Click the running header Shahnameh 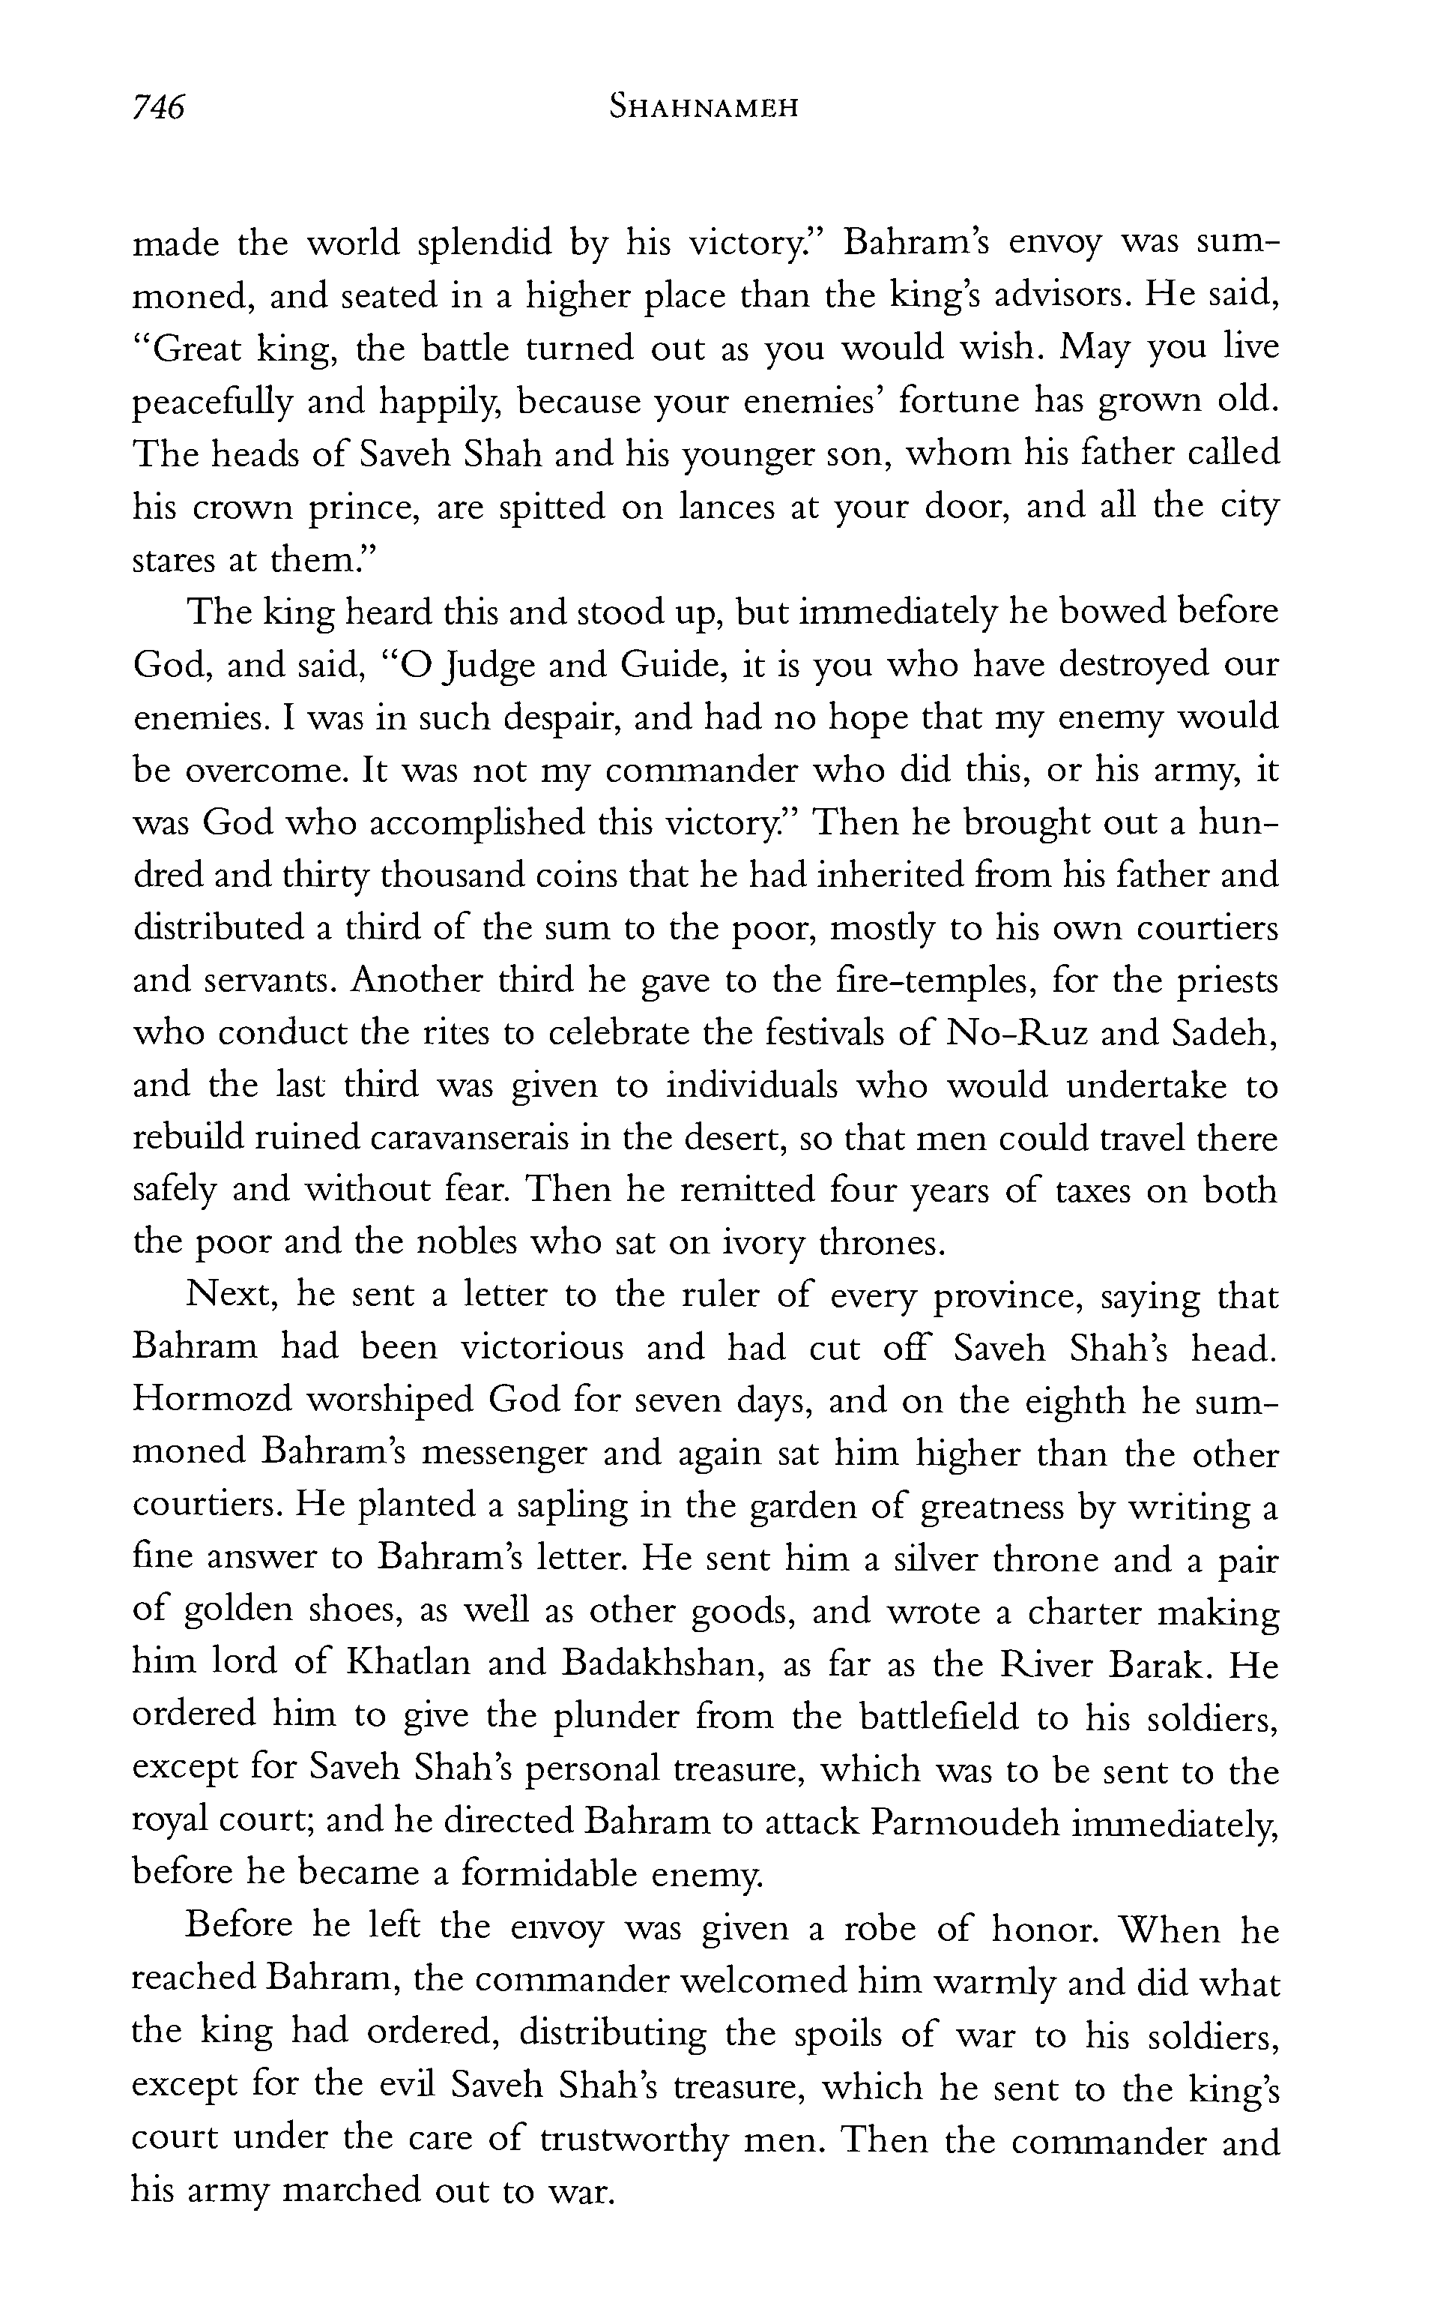coord(703,108)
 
